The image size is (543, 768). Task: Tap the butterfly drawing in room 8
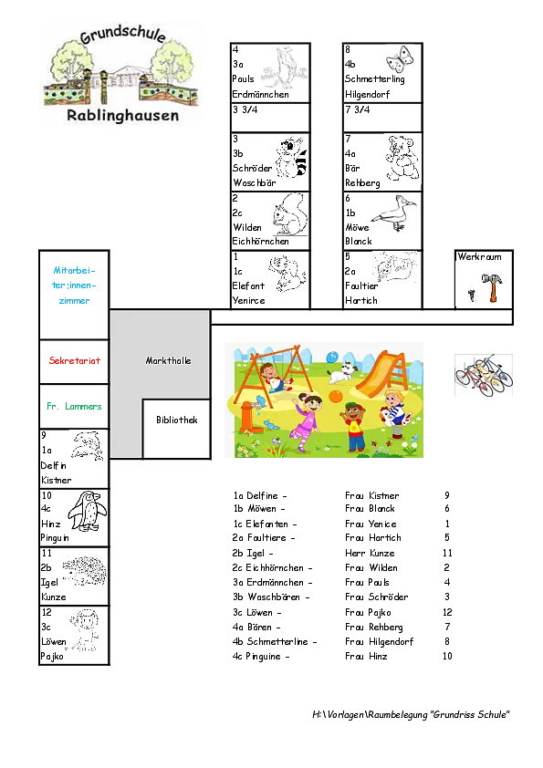point(400,59)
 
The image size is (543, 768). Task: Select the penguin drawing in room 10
point(88,511)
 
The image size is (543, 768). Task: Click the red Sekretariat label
point(75,360)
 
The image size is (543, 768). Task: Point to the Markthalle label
point(168,360)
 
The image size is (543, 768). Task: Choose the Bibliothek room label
point(177,420)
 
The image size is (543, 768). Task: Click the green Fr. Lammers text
point(74,406)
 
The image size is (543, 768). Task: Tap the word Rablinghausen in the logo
point(122,116)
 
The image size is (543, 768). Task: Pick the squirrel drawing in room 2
point(290,214)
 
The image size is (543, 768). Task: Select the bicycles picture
point(484,375)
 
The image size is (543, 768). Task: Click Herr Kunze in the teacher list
point(370,553)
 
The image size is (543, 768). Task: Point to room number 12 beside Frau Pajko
point(447,612)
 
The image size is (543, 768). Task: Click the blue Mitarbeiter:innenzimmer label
point(74,285)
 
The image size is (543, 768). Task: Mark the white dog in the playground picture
point(340,373)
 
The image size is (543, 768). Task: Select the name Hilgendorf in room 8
point(367,95)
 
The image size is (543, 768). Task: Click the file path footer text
point(411,714)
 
